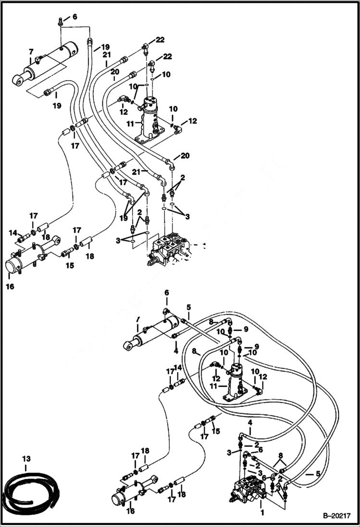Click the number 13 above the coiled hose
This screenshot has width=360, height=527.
25,460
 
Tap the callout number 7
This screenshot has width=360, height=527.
31,52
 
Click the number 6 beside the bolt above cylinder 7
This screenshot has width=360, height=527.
74,17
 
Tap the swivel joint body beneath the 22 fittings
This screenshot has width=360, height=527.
149,118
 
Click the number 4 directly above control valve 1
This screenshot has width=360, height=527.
249,422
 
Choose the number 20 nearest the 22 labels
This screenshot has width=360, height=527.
114,72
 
